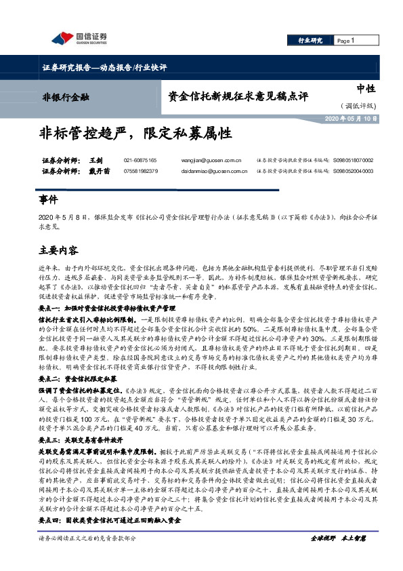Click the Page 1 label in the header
(347, 41)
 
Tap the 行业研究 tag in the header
(310, 41)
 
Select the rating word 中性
(365, 89)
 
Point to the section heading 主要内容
(58, 250)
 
